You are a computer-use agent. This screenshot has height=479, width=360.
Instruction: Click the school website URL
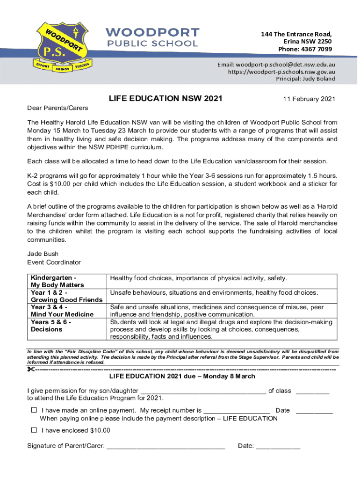click(281, 72)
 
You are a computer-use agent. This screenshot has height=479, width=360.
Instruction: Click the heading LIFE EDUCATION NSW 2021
click(166, 99)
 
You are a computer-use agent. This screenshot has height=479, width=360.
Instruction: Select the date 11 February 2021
click(309, 99)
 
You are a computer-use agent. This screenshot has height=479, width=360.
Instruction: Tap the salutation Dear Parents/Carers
click(58, 108)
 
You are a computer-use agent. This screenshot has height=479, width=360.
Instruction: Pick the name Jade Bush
click(43, 254)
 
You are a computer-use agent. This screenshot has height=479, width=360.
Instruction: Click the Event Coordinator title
click(54, 262)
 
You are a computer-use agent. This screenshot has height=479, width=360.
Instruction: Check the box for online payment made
click(34, 410)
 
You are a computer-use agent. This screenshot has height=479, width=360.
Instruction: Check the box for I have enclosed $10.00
click(34, 430)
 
